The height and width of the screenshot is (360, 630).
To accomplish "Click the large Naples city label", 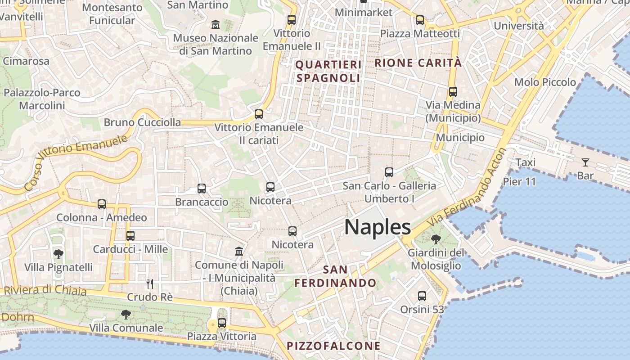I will tap(377, 227).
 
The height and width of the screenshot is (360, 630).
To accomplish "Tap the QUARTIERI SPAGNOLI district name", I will tap(328, 71).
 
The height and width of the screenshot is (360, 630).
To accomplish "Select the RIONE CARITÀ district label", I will tap(418, 63).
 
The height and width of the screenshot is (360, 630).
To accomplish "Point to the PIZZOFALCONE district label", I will tap(333, 346).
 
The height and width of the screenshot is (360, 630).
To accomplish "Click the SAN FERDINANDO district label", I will tap(335, 276).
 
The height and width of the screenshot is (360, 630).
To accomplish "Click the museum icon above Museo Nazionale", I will tap(216, 24).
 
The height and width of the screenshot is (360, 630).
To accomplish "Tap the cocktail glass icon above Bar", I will tap(585, 162).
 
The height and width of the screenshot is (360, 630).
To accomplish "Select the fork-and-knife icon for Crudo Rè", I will tap(150, 283).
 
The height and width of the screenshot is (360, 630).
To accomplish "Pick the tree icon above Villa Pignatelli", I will tap(58, 254).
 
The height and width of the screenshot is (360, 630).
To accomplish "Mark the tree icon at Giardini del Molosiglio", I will tap(435, 239).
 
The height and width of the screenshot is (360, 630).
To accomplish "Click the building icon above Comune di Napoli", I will tap(239, 251).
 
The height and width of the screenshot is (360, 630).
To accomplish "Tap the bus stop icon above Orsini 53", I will tap(422, 296).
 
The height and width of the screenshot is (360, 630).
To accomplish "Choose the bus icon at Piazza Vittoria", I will tap(221, 323).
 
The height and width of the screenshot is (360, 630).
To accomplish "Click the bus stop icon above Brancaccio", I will tap(202, 189).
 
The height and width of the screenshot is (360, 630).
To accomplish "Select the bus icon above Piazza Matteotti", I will tap(419, 20).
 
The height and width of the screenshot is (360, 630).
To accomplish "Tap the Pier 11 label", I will tap(519, 182).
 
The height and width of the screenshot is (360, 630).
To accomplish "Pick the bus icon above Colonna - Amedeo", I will tap(102, 204).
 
